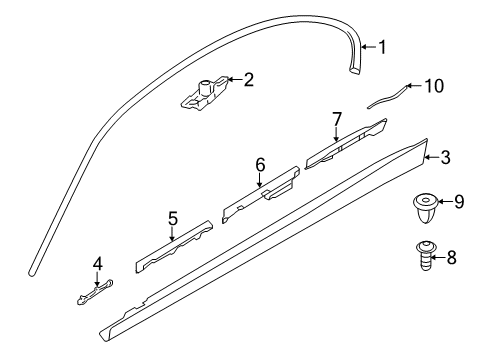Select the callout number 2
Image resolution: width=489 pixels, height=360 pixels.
point(248,79)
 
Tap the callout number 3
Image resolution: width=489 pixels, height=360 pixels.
point(446,156)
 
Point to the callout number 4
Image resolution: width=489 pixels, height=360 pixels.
point(97,264)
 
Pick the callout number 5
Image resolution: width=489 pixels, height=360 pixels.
point(172,217)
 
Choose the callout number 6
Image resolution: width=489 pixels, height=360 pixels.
point(260,164)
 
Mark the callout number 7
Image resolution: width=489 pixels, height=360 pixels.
point(337,119)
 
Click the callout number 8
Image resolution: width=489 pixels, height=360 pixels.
point(450,257)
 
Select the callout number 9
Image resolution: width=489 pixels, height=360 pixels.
point(458,203)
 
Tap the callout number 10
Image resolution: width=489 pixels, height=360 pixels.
point(432,86)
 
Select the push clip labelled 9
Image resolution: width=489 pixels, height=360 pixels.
point(424,210)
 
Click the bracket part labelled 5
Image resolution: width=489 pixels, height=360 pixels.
point(172,245)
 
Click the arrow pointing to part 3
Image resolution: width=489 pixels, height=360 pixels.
point(431,156)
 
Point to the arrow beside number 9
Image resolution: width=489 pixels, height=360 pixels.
point(445,203)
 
